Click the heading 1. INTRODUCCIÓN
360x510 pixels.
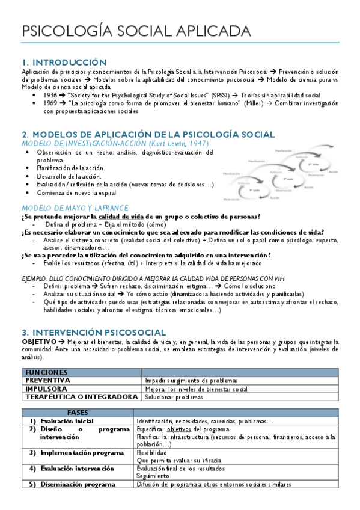64,63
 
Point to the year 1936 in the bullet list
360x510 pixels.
50,95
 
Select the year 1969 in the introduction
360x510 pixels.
50,103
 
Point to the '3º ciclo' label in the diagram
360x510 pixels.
313,164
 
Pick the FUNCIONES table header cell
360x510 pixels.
46,373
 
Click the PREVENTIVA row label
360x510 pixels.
48,381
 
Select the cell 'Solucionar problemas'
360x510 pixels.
174,397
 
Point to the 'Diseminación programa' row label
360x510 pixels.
78,484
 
